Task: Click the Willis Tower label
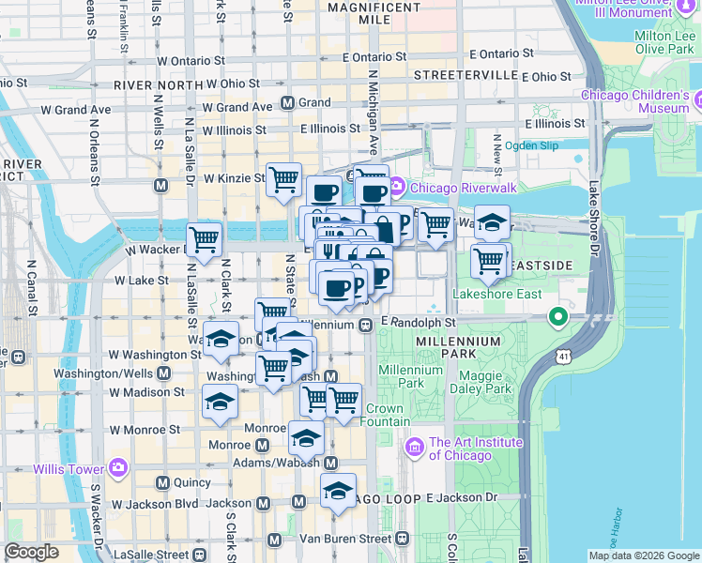[x=69, y=468]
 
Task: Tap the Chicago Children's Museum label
[x=635, y=101]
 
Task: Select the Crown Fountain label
[x=384, y=415]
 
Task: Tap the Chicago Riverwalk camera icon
[x=397, y=187]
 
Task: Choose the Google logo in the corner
[x=32, y=552]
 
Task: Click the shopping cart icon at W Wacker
[x=204, y=238]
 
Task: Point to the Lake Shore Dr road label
[x=593, y=226]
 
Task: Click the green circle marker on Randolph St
[x=559, y=318]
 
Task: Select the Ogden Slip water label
[x=531, y=145]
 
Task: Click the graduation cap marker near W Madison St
[x=221, y=401]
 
